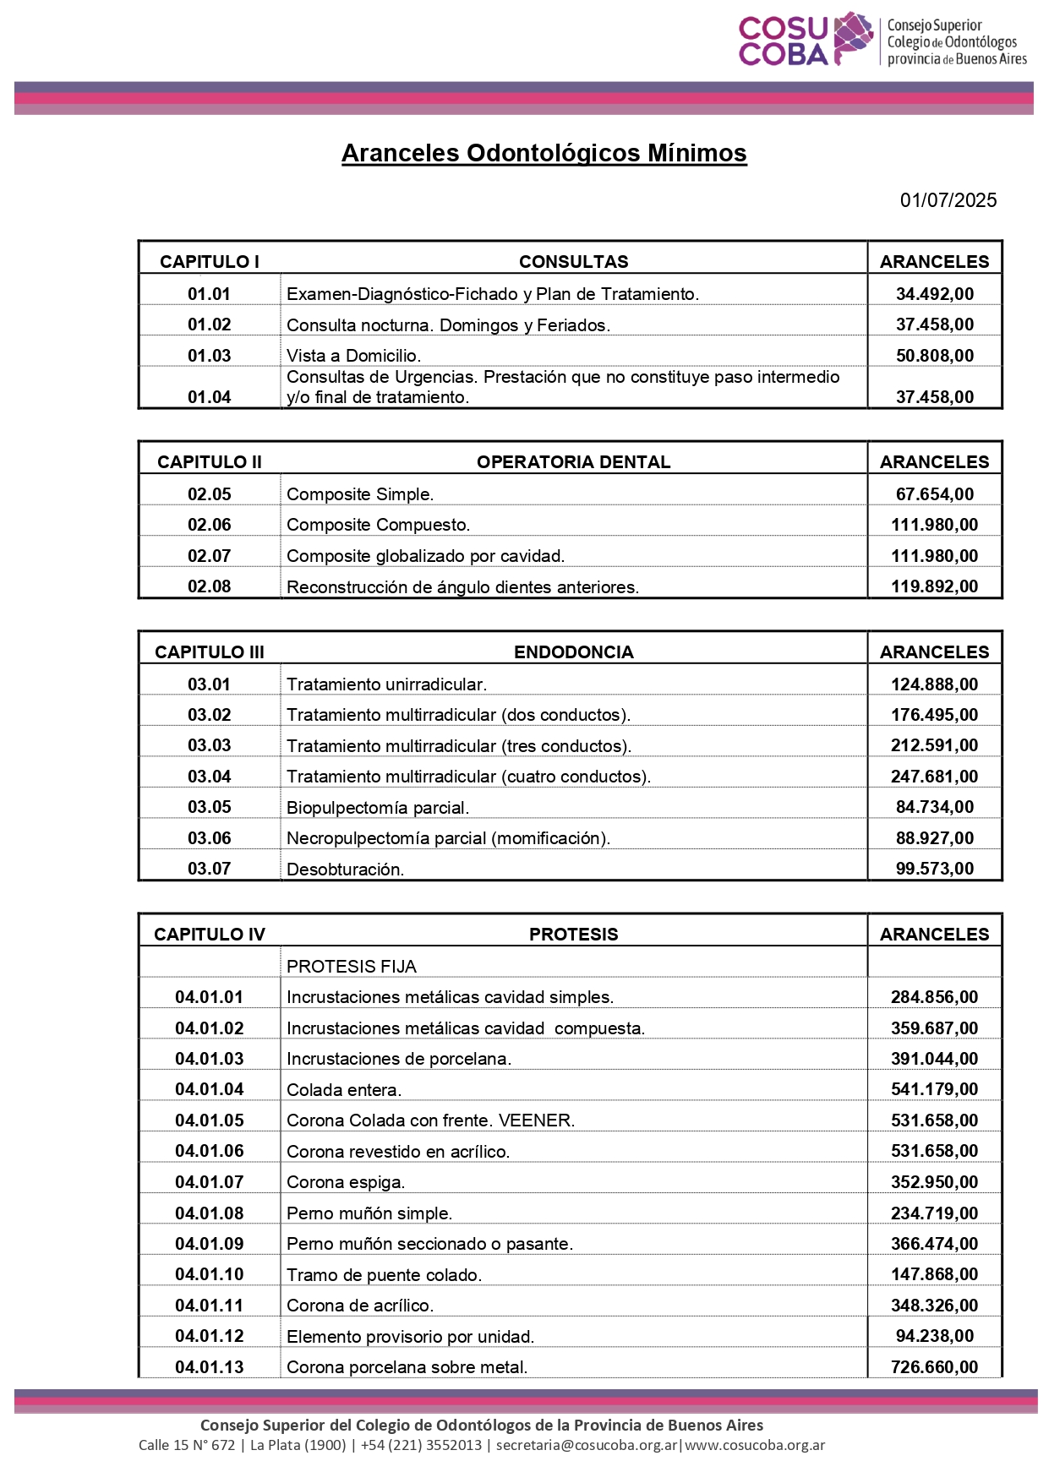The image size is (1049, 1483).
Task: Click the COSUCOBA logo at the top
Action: [882, 40]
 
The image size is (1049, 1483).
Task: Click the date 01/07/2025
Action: [948, 200]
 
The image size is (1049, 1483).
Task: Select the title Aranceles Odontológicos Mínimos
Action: [544, 153]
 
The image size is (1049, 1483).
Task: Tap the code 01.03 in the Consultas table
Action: [209, 356]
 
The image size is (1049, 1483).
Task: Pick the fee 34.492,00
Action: [934, 294]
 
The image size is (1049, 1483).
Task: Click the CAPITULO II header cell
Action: [209, 462]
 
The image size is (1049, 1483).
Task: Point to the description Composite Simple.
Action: [360, 494]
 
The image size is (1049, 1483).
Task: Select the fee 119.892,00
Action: [934, 586]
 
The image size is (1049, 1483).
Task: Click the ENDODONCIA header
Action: [573, 652]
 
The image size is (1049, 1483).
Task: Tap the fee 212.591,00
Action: [934, 745]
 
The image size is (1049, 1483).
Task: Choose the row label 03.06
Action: [209, 838]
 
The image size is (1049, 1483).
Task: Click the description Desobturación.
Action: [345, 870]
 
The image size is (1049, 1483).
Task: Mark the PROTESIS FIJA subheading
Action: [352, 967]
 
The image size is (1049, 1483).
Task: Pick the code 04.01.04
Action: [209, 1089]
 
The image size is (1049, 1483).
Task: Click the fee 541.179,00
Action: [934, 1089]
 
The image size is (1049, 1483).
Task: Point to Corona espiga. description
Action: [346, 1182]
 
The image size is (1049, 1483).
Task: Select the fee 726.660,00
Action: [934, 1367]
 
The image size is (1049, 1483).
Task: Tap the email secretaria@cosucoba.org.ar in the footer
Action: [587, 1445]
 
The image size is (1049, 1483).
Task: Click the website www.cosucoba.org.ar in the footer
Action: [755, 1445]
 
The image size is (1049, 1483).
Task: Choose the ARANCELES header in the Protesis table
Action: [934, 935]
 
